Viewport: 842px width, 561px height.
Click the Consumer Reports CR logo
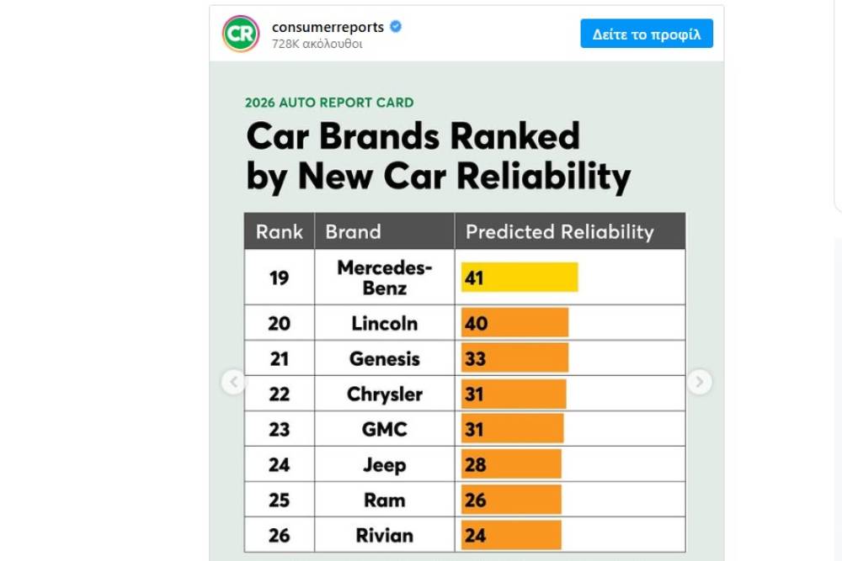tap(241, 34)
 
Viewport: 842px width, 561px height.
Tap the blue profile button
tap(646, 34)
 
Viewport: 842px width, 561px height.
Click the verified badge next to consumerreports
tap(396, 27)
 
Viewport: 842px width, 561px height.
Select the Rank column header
tap(279, 231)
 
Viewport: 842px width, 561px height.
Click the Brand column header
tap(353, 231)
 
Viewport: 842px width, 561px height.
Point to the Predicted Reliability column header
tap(559, 231)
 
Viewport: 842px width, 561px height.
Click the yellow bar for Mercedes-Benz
tap(519, 277)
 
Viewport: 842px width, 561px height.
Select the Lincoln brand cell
tap(384, 323)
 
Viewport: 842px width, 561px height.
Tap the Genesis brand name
tap(384, 358)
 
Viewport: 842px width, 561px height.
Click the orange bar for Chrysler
tap(513, 394)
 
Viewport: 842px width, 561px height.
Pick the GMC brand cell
tap(384, 429)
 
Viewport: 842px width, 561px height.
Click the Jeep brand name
tap(384, 464)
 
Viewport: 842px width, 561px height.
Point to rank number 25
tap(279, 500)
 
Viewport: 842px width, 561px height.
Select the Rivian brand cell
tap(384, 535)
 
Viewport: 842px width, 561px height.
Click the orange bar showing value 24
tap(510, 535)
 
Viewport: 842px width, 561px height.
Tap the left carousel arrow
tap(233, 382)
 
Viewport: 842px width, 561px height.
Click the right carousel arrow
tap(699, 382)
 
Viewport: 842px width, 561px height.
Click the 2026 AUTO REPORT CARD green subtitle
tap(329, 103)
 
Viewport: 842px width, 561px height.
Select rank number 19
tap(279, 277)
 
